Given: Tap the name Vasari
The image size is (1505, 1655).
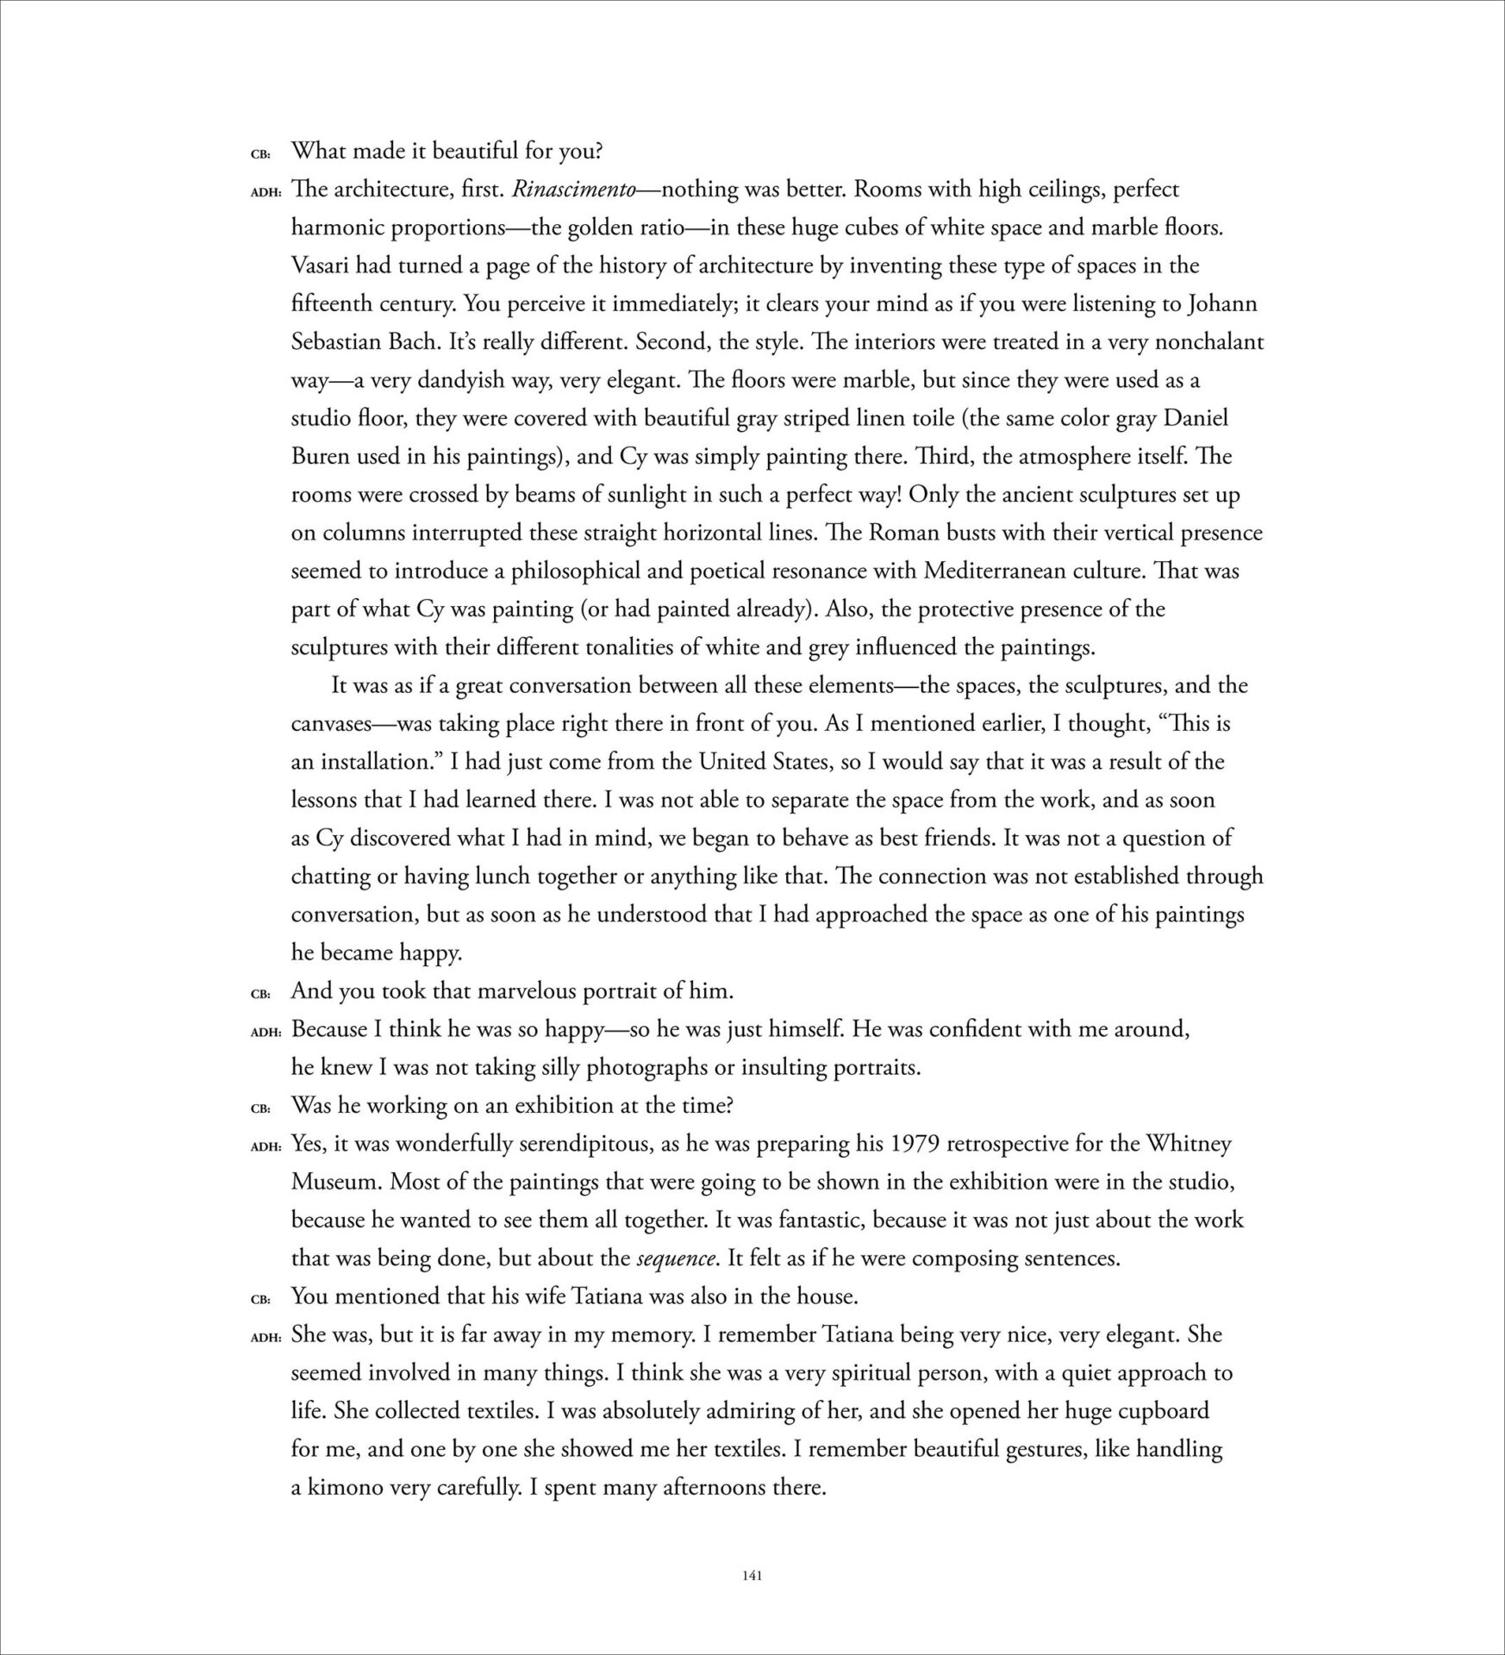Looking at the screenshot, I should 323,265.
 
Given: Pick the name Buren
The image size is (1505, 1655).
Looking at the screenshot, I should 320,457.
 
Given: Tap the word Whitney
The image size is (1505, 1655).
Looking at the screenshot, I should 1189,1144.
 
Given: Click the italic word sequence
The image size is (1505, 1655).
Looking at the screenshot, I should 676,1258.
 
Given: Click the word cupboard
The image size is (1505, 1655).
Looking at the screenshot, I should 1163,1411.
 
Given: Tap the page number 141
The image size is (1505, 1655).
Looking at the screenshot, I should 752,1577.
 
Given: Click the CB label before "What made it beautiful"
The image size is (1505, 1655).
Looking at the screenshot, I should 260,154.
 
